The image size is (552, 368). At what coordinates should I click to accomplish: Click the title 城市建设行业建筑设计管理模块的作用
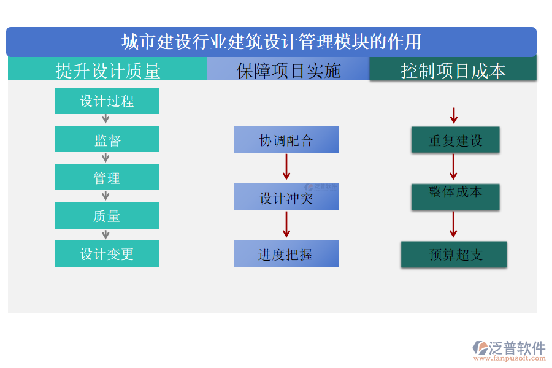[x=271, y=42]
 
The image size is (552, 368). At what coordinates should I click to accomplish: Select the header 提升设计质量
[x=108, y=71]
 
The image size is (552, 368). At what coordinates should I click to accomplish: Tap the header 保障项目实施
[x=288, y=71]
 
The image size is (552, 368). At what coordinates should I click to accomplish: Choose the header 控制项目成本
[x=453, y=71]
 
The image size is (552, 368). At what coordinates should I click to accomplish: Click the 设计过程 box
[x=107, y=101]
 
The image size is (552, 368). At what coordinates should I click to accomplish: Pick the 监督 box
[x=107, y=140]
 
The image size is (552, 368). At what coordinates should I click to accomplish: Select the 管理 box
[x=107, y=178]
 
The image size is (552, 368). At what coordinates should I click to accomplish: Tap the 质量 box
[x=107, y=216]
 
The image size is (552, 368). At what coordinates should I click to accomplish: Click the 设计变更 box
[x=107, y=254]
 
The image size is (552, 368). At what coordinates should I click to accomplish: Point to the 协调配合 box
[x=286, y=140]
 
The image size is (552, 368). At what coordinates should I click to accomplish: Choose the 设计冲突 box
[x=286, y=197]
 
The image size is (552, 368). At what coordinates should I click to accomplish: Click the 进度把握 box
[x=286, y=254]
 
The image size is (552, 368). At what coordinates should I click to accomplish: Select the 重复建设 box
[x=455, y=140]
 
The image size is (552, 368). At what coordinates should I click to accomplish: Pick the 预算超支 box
[x=454, y=255]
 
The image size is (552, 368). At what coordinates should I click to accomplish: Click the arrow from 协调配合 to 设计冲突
[x=286, y=167]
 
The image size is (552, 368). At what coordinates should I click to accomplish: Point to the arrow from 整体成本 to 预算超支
[x=453, y=224]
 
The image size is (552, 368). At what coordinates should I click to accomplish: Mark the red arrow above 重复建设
[x=454, y=115]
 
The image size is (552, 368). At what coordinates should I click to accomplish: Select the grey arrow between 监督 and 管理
[x=105, y=158]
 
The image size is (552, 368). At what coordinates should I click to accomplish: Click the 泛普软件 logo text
[x=517, y=347]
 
